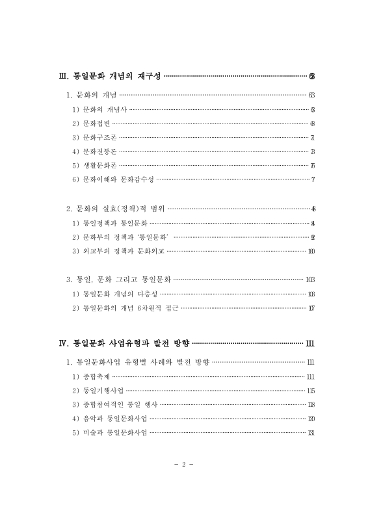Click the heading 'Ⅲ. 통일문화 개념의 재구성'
click(x=109, y=77)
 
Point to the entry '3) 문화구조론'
click(x=95, y=137)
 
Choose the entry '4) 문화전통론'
click(x=95, y=151)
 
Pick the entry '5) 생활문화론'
click(x=95, y=165)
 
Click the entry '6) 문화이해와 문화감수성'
click(x=113, y=179)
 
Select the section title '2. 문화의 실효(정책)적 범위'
click(x=116, y=209)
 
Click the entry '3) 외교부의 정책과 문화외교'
click(x=118, y=251)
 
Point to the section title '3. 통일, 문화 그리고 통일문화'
click(x=118, y=279)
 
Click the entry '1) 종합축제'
click(x=90, y=376)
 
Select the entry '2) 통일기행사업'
click(x=98, y=391)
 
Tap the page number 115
click(x=310, y=391)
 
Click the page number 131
click(x=310, y=433)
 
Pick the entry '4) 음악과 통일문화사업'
click(x=109, y=419)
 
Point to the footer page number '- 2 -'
click(x=184, y=465)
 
